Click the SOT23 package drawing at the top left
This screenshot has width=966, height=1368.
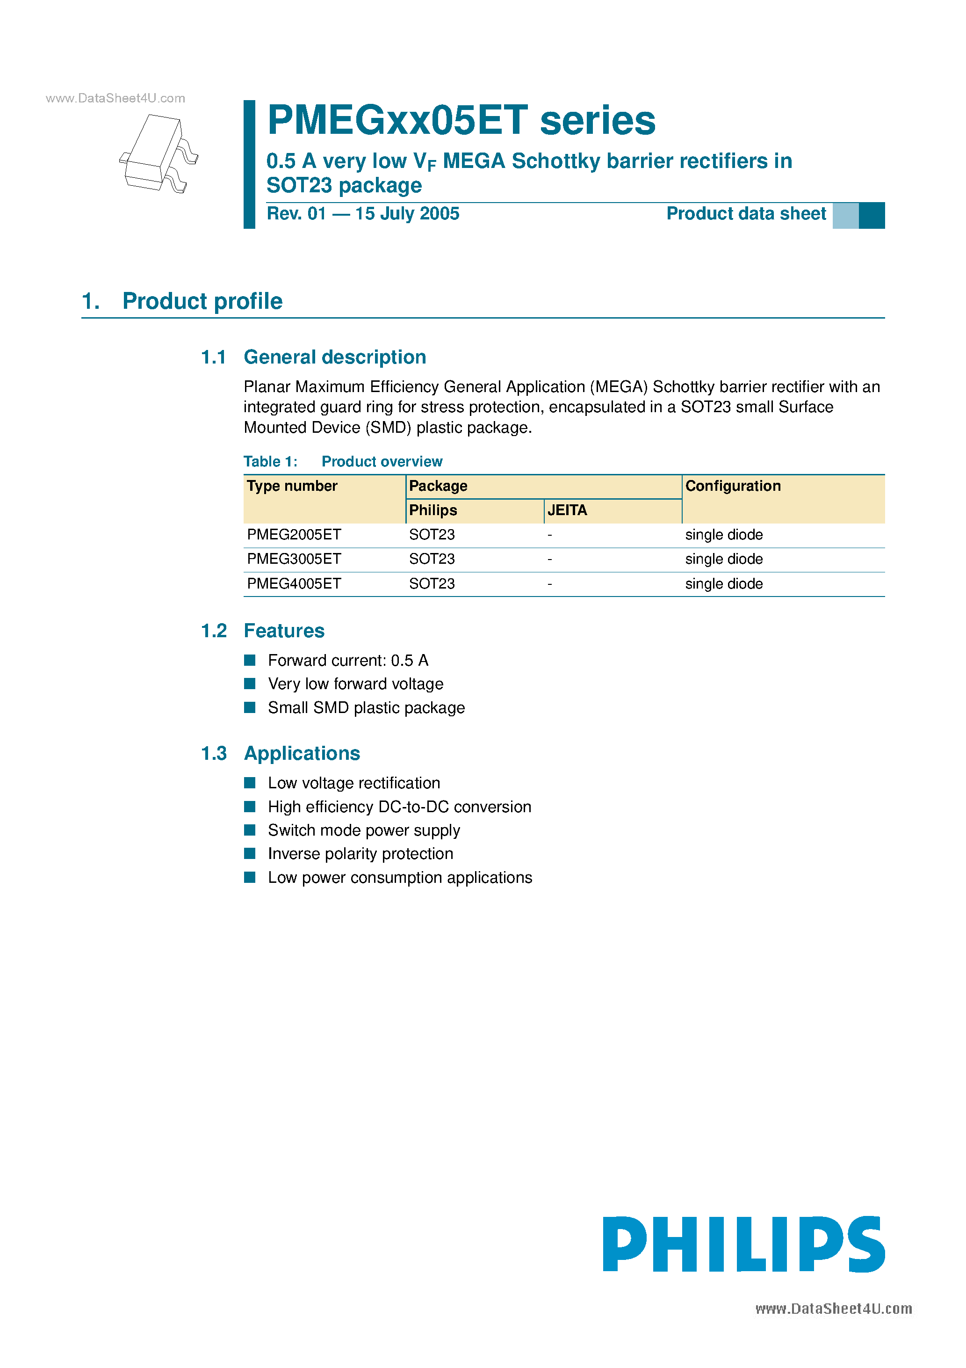pyautogui.click(x=158, y=153)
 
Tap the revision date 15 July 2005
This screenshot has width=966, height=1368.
pyautogui.click(x=407, y=214)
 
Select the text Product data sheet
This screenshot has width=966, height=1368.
pyautogui.click(x=746, y=214)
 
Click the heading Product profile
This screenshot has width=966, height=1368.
pyautogui.click(x=202, y=301)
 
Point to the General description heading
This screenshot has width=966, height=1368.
pyautogui.click(x=335, y=357)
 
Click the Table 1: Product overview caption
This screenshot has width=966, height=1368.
pyautogui.click(x=343, y=462)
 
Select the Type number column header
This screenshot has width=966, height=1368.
pyautogui.click(x=292, y=486)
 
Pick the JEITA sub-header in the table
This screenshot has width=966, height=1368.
pyautogui.click(x=567, y=510)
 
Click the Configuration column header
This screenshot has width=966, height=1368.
pyautogui.click(x=733, y=486)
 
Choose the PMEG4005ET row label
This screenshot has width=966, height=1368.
pyautogui.click(x=294, y=584)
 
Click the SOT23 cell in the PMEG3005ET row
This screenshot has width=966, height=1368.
pyautogui.click(x=432, y=560)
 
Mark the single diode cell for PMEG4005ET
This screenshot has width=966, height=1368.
pyautogui.click(x=724, y=584)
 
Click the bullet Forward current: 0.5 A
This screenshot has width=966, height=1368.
pyautogui.click(x=348, y=661)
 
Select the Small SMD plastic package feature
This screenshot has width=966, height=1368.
pyautogui.click(x=366, y=708)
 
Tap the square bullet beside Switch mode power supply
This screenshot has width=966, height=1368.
pyautogui.click(x=250, y=830)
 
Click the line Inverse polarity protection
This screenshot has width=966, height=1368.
pyautogui.click(x=360, y=854)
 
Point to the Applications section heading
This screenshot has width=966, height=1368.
pyautogui.click(x=302, y=754)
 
